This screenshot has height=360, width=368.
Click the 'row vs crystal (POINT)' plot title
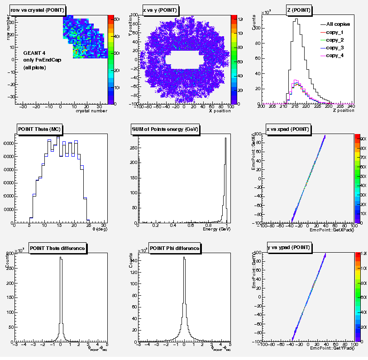(38, 10)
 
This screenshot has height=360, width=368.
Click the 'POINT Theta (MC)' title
(41, 129)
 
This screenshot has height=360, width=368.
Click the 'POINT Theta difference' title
(57, 248)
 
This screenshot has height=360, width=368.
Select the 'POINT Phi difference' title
(175, 248)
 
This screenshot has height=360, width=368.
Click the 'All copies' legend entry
(338, 24)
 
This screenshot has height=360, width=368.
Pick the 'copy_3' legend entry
(335, 48)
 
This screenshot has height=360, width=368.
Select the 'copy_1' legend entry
(335, 32)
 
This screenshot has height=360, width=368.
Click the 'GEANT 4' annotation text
(34, 53)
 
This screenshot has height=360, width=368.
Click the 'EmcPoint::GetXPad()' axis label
(330, 230)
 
